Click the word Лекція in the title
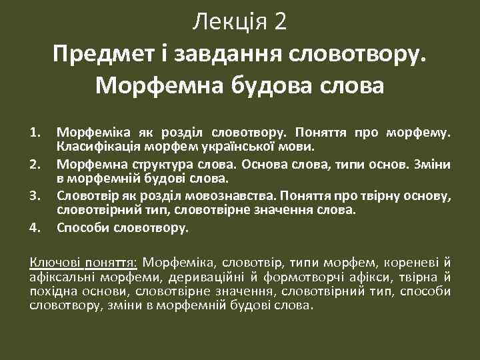tap(229, 22)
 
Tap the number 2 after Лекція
tap(280, 22)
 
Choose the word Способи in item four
tap(81, 228)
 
